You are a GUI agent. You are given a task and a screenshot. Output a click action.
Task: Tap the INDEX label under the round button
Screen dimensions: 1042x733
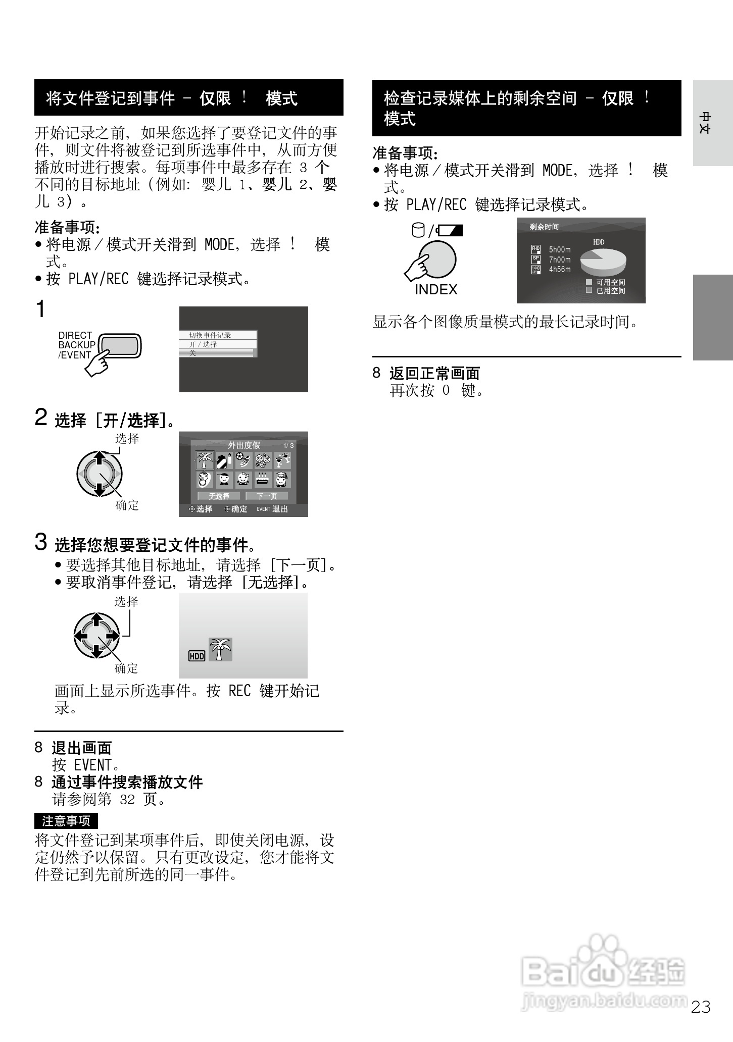[435, 290]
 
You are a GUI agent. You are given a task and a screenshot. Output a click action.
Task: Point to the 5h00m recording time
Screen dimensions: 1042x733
[560, 250]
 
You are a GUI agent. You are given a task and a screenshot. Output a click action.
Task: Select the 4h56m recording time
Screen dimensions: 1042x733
[560, 270]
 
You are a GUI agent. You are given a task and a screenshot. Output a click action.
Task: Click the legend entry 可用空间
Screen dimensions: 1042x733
[610, 282]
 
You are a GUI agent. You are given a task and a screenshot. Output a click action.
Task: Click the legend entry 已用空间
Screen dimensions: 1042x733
[610, 291]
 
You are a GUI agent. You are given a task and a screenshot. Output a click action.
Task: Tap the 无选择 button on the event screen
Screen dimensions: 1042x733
[219, 496]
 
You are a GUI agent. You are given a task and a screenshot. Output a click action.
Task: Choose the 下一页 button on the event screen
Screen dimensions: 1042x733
[267, 496]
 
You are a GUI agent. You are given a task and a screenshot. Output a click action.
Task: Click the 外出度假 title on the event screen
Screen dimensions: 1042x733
[244, 445]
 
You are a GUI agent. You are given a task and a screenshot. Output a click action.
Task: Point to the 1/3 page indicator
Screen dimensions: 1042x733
[288, 446]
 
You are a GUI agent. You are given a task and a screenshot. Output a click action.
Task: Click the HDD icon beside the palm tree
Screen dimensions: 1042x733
[197, 656]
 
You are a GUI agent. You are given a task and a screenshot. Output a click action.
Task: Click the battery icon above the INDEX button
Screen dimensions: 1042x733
[450, 231]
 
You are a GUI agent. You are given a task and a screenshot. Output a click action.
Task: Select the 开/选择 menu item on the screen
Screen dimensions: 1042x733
[203, 344]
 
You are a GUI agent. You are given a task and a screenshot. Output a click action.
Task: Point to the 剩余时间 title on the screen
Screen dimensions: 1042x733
[544, 227]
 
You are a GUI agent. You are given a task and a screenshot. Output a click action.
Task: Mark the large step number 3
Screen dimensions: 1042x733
[41, 542]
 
